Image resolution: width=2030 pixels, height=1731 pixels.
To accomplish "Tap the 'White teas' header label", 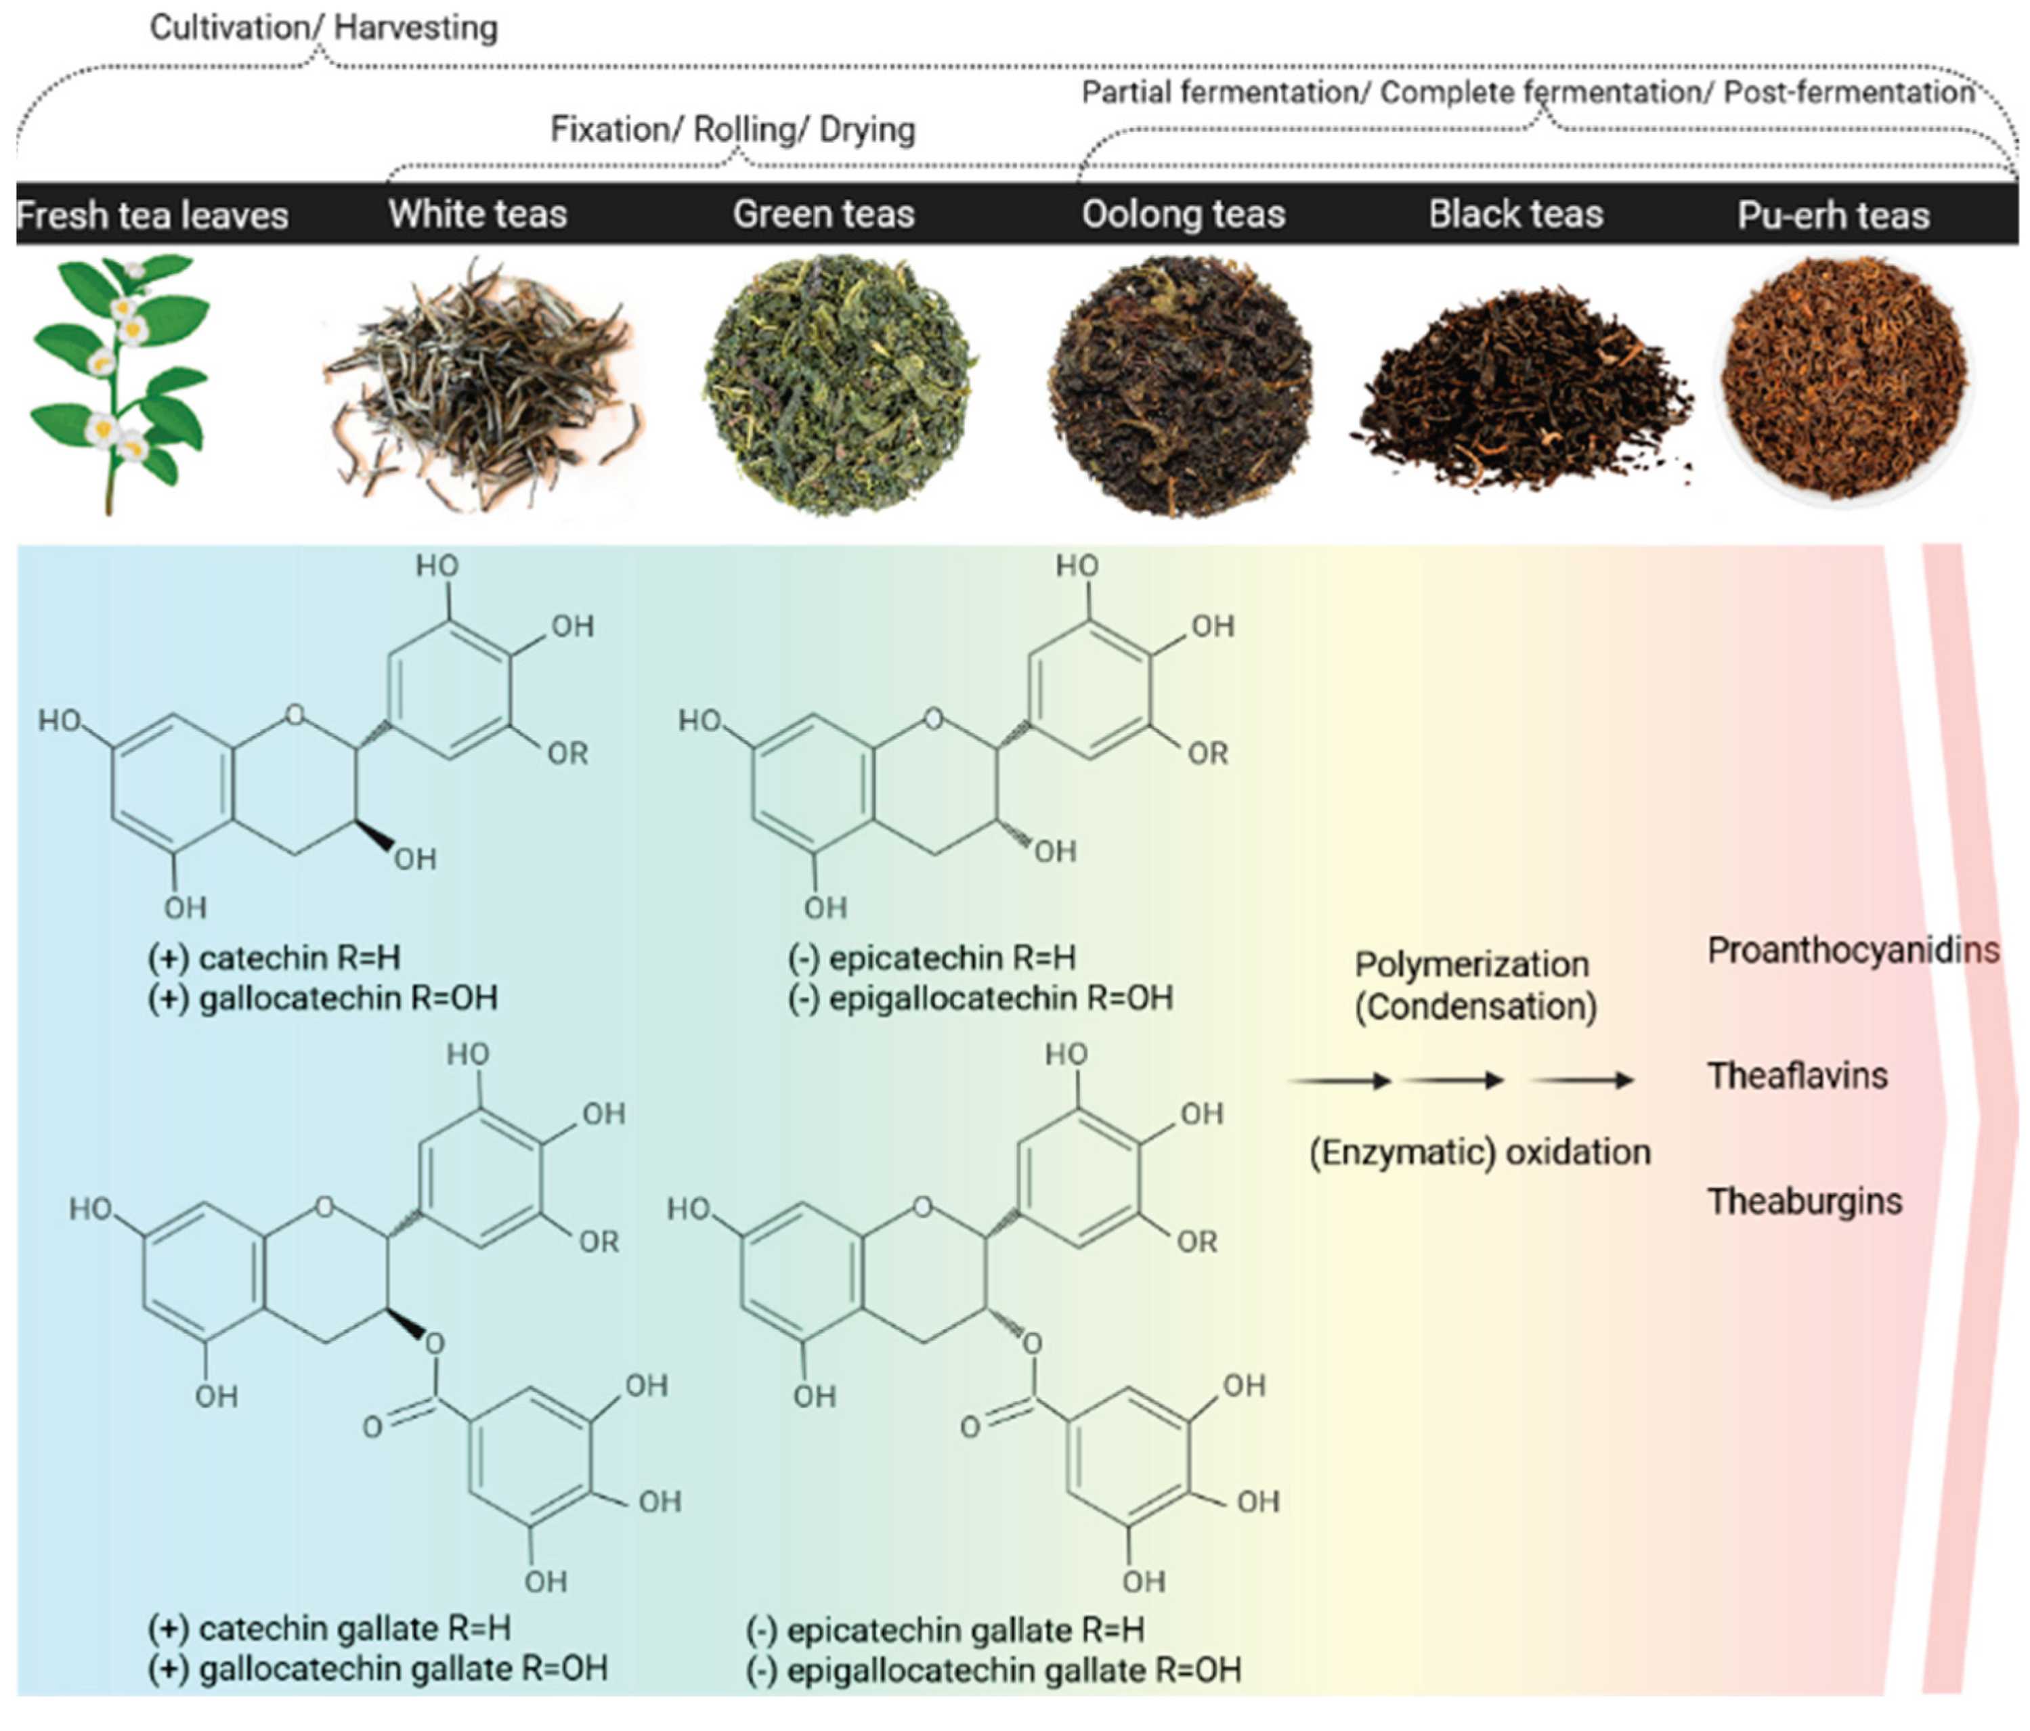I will point(477,213).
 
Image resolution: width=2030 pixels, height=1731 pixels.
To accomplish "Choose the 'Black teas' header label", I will point(1515,213).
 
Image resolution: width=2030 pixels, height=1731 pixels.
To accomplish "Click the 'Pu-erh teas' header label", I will point(1833,215).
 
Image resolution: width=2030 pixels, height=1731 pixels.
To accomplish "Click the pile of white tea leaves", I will point(480,387).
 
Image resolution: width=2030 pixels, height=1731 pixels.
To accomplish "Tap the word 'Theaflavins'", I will point(1797,1076).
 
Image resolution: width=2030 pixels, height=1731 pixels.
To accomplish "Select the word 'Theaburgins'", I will point(1805,1201).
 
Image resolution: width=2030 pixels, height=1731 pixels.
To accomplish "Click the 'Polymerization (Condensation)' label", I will point(1475,986).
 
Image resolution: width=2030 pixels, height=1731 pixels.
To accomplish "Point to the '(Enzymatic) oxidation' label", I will point(1480,1153).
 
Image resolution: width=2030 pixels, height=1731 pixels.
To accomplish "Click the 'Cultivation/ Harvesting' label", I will point(323,28).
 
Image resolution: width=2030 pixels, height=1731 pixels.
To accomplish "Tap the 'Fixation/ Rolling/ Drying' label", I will point(732,129).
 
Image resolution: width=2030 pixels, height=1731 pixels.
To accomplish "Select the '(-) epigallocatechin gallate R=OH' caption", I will point(993,1670).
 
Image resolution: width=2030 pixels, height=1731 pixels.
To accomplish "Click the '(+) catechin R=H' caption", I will point(274,957).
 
